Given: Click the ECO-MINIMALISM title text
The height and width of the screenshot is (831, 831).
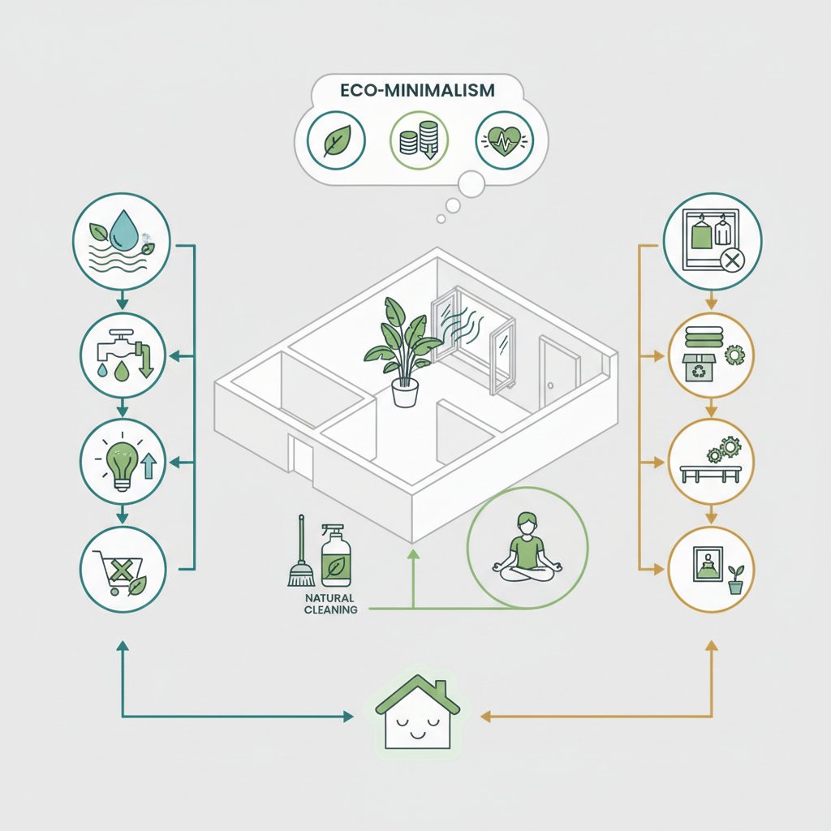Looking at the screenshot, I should coord(415,91).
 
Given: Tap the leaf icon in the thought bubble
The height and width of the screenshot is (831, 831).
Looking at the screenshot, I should coord(334,141).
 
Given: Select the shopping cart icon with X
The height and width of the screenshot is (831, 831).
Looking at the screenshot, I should coord(123,569).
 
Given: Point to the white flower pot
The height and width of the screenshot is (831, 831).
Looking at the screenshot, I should coord(404,393).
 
